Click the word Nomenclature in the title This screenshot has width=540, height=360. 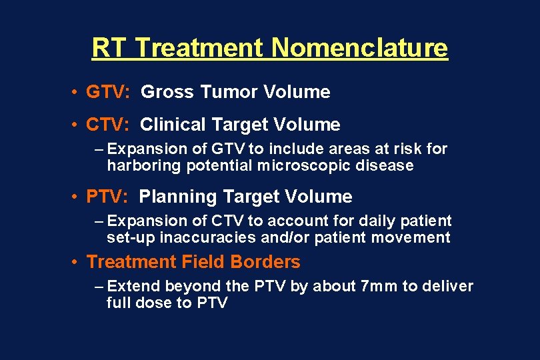tap(359, 48)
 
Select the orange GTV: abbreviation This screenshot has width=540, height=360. tap(108, 92)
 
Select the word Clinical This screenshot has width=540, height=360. tap(173, 125)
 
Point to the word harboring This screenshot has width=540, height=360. tap(140, 165)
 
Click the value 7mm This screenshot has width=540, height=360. tap(378, 287)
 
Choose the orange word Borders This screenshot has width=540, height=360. tap(267, 262)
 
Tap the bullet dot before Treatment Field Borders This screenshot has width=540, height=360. tap(78, 262)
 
